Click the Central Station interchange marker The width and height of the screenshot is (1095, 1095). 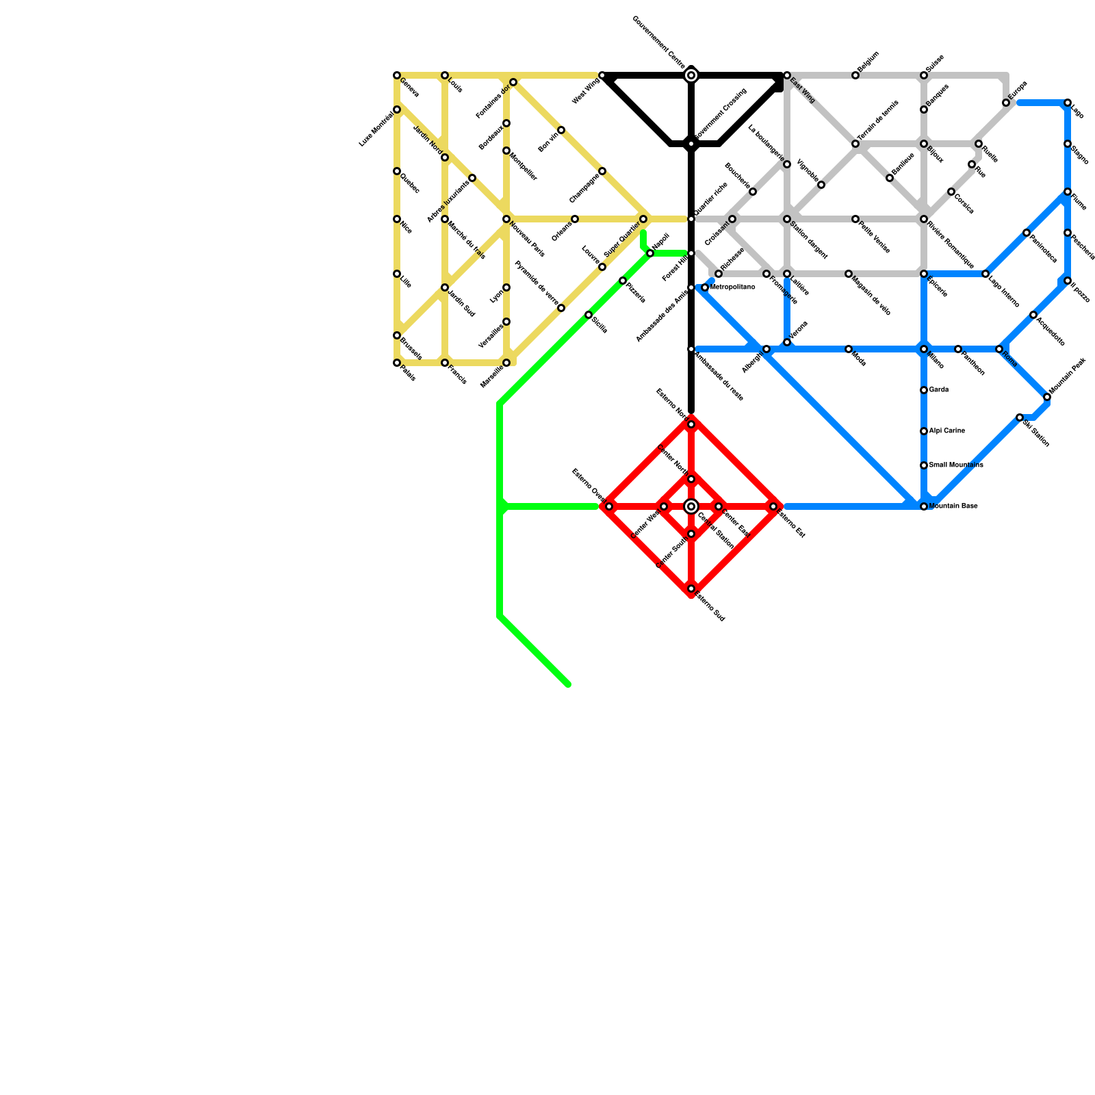(691, 506)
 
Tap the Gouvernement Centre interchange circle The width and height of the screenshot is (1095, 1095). (691, 75)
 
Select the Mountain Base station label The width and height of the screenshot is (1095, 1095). (953, 506)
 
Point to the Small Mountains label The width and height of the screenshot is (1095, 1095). (955, 465)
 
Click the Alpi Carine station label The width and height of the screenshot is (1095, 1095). (946, 431)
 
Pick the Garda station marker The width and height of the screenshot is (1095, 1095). (924, 390)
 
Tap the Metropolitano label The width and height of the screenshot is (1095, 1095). (732, 287)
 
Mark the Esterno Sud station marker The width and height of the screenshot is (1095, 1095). (691, 589)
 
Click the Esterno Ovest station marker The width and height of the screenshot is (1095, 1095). (609, 506)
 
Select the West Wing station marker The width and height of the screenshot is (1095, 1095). (602, 75)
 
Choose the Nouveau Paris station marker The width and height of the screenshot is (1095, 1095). (506, 219)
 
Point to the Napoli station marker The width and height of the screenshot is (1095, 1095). (650, 253)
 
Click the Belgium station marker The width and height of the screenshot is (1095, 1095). (855, 75)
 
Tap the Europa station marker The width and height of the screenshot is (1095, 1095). (1006, 103)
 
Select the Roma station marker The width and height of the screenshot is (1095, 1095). (999, 349)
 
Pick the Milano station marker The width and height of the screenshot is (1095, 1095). (924, 349)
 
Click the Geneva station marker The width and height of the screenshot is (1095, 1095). (397, 75)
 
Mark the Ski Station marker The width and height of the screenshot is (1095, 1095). (1020, 417)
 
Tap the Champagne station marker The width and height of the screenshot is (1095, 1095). (602, 171)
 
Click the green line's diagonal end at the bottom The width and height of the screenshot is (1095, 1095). (567, 683)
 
